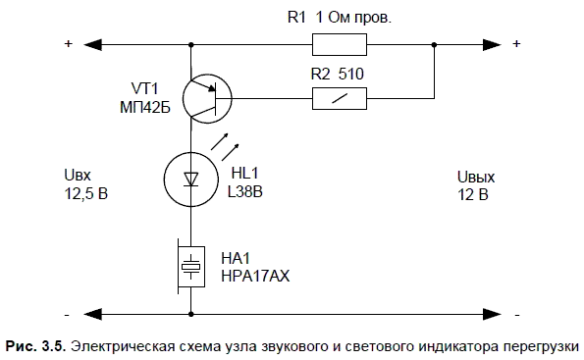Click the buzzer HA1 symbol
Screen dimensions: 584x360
(x=191, y=267)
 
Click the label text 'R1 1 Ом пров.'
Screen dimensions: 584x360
(x=340, y=17)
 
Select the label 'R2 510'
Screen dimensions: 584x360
(x=338, y=75)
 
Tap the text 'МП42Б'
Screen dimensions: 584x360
(x=145, y=108)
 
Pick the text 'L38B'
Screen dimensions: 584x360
(x=245, y=191)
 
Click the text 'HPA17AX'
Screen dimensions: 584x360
(x=255, y=277)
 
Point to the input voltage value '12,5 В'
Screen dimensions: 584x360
(x=86, y=193)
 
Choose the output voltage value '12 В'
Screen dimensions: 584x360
(x=473, y=194)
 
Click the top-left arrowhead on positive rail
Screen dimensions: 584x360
(x=92, y=45)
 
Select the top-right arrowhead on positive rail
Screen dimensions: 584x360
(x=492, y=45)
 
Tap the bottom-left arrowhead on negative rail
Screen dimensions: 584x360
(x=92, y=314)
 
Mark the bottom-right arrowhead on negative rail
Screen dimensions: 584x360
(x=492, y=314)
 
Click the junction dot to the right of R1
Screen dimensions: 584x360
(x=434, y=45)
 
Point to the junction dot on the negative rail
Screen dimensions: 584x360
(x=191, y=314)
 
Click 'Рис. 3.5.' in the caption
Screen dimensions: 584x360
(x=35, y=346)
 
